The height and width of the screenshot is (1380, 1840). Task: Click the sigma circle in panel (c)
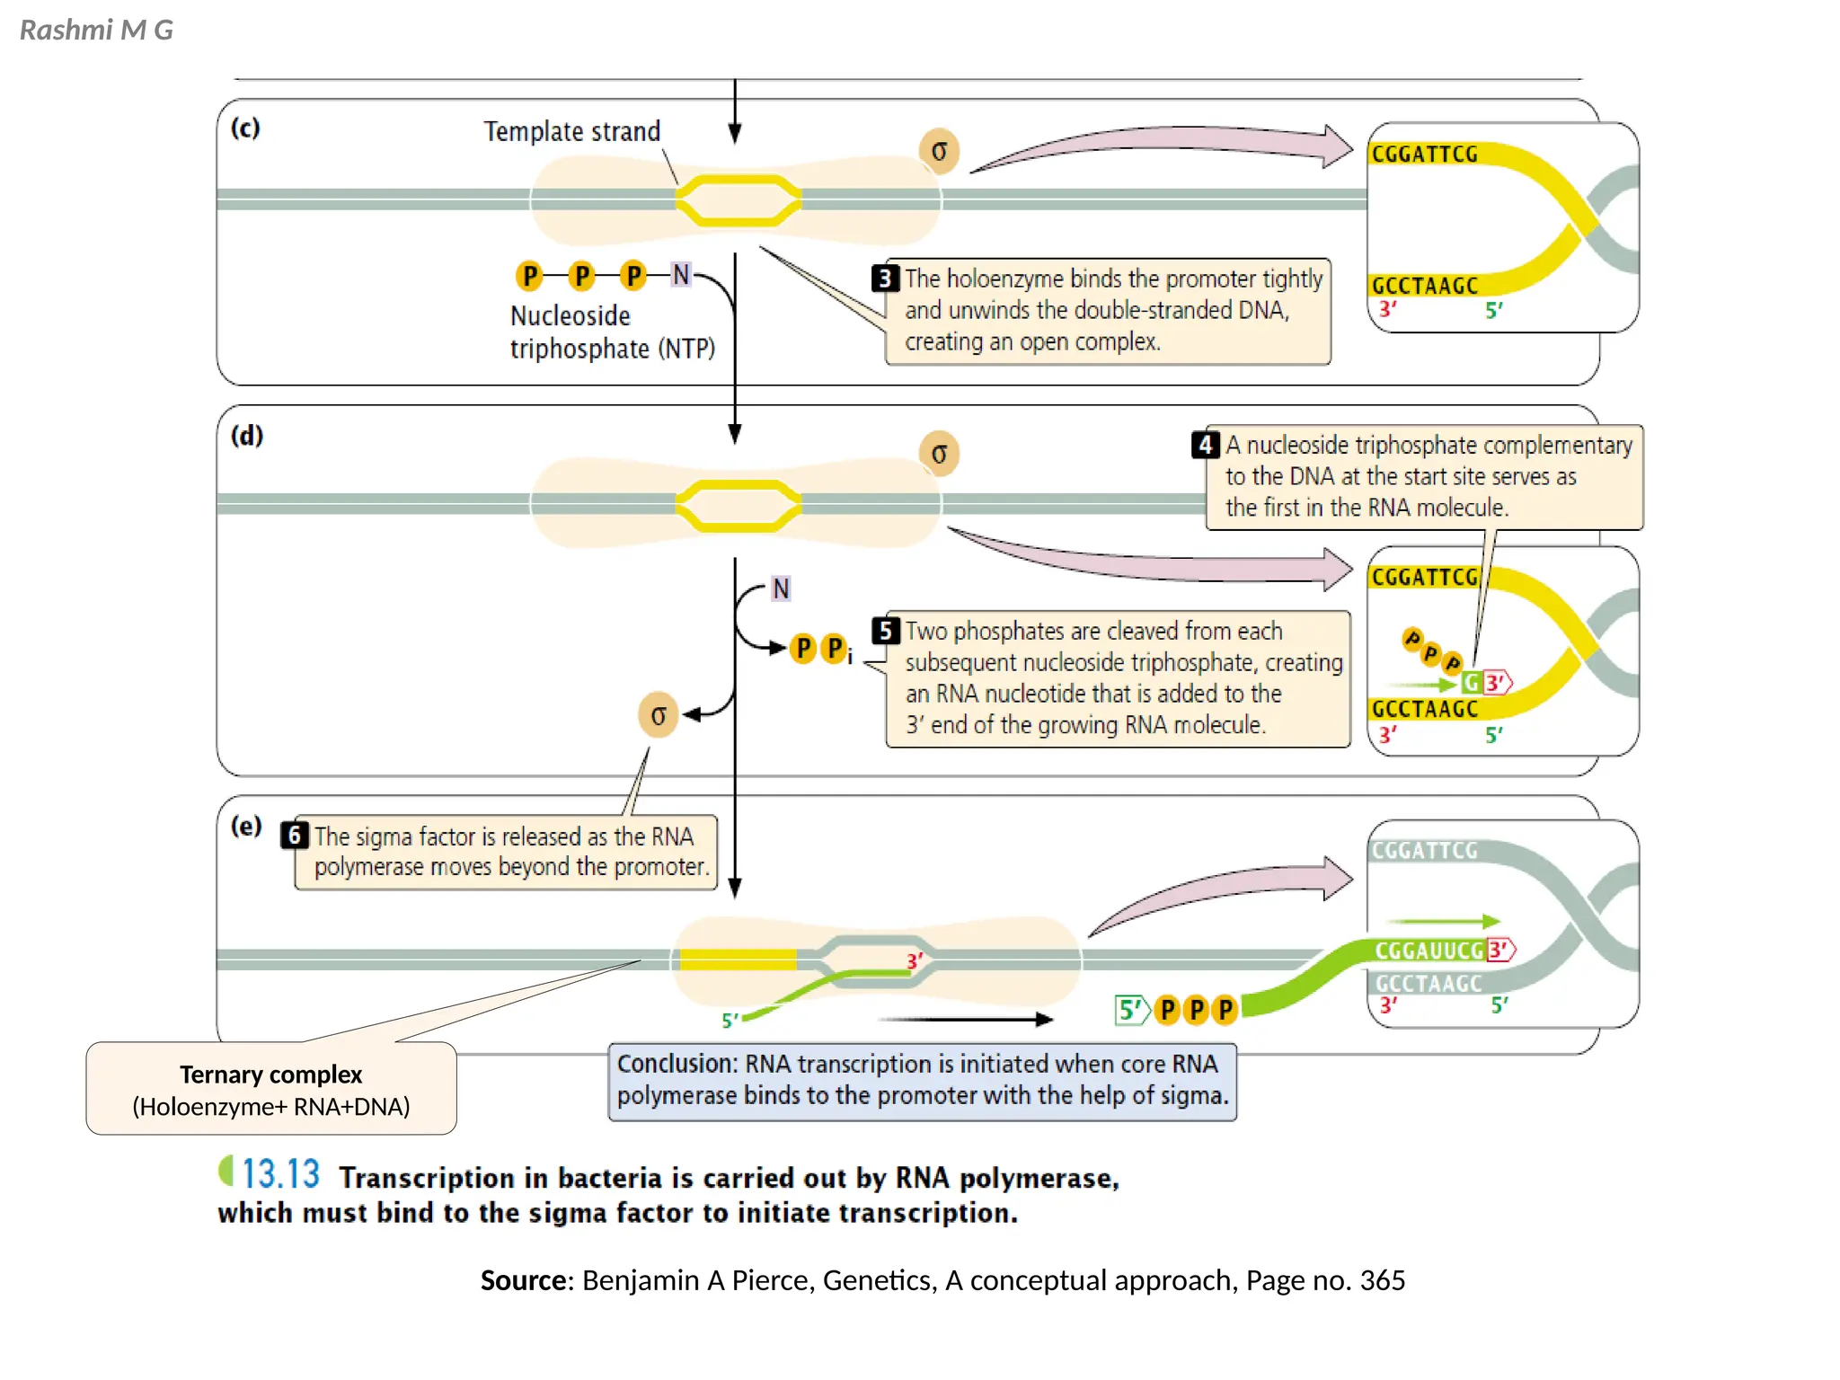click(x=939, y=151)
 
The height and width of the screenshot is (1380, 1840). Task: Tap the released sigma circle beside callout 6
click(x=659, y=715)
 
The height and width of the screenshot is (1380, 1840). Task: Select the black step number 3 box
click(x=885, y=279)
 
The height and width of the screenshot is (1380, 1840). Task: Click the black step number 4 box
click(x=1205, y=445)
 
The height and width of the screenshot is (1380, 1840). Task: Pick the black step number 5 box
click(x=886, y=631)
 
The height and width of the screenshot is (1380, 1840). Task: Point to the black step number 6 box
click(x=294, y=836)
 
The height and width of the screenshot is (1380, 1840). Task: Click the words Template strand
click(x=571, y=132)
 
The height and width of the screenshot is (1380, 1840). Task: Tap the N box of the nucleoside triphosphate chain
click(x=681, y=275)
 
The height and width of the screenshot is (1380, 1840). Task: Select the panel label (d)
click(x=247, y=435)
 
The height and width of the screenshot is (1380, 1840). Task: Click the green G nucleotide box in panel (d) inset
click(x=1471, y=683)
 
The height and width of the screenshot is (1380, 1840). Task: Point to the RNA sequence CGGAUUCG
click(x=1429, y=951)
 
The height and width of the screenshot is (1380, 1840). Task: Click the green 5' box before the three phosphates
click(x=1130, y=1010)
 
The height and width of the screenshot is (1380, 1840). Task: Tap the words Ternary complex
click(x=270, y=1075)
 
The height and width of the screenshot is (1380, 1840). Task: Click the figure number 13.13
click(x=280, y=1174)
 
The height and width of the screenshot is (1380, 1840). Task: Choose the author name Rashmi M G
click(x=96, y=31)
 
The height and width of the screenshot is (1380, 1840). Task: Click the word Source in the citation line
click(x=525, y=1280)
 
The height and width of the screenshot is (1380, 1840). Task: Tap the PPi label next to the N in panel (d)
click(x=821, y=649)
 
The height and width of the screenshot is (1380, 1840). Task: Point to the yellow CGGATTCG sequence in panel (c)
click(x=1424, y=155)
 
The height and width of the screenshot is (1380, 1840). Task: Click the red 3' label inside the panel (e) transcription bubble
click(x=915, y=961)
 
